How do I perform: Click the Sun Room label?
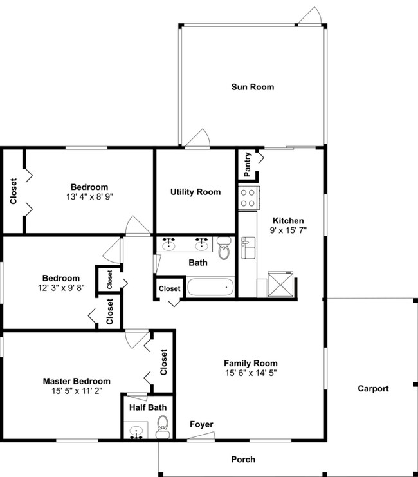pyautogui.click(x=253, y=87)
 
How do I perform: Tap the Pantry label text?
pyautogui.click(x=248, y=164)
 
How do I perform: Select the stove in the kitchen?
pyautogui.click(x=248, y=198)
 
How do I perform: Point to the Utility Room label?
pyautogui.click(x=195, y=192)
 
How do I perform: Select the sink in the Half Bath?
pyautogui.click(x=136, y=432)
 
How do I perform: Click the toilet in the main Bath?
pyautogui.click(x=224, y=248)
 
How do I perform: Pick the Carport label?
pyautogui.click(x=373, y=389)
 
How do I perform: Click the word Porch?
pyautogui.click(x=243, y=459)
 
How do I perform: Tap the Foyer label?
pyautogui.click(x=201, y=424)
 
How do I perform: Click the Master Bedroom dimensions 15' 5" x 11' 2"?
pyautogui.click(x=77, y=391)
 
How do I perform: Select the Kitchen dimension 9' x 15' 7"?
pyautogui.click(x=287, y=230)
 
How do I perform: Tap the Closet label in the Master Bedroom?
pyautogui.click(x=163, y=362)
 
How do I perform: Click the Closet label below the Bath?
pyautogui.click(x=170, y=289)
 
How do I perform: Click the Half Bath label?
pyautogui.click(x=145, y=407)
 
